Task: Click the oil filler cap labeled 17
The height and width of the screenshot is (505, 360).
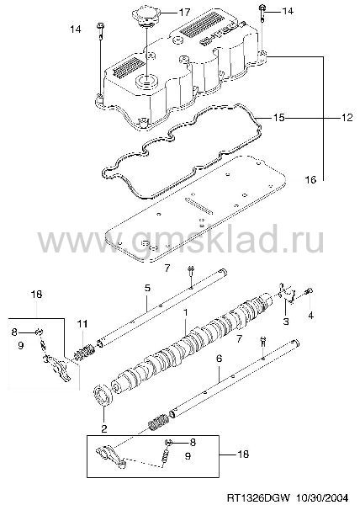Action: point(146,17)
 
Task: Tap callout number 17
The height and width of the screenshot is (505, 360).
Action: point(184,13)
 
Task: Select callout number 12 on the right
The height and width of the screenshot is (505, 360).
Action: point(347,118)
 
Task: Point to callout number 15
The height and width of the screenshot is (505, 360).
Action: point(278,118)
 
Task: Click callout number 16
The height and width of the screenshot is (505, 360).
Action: point(310,179)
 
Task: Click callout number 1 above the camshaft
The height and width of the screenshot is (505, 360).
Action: point(185,312)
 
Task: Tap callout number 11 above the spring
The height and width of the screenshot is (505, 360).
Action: point(82,324)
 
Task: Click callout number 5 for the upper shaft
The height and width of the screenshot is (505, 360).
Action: point(147,288)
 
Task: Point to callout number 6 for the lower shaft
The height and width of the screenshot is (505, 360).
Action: point(219,359)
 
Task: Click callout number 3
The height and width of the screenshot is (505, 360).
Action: point(286,321)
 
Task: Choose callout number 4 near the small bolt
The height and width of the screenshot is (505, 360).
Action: point(310,316)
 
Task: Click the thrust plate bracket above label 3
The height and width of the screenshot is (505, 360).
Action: point(286,293)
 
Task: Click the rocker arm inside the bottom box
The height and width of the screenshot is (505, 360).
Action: point(111,454)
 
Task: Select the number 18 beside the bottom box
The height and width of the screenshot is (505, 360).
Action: point(243,454)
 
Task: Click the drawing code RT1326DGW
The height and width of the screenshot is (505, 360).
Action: point(259,497)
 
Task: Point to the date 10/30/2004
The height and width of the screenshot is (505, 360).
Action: point(322,497)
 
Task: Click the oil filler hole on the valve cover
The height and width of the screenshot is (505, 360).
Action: point(146,80)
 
